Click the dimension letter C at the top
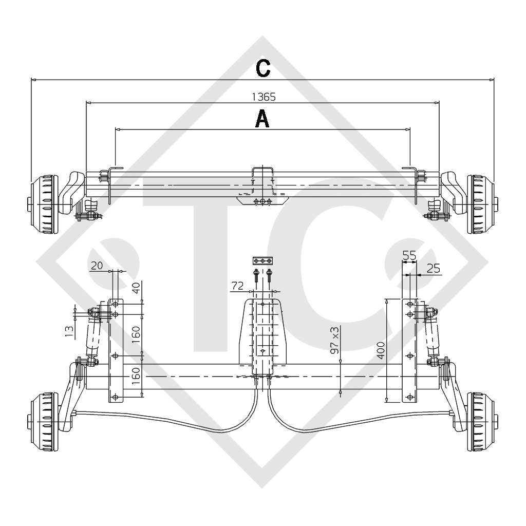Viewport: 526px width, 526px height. coord(263,68)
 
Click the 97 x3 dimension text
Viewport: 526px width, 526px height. coord(335,339)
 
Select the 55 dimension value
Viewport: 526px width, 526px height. coord(409,255)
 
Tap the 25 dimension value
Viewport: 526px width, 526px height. coord(433,268)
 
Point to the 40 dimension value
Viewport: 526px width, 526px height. coord(137,287)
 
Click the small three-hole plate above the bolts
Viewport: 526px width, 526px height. coord(262,261)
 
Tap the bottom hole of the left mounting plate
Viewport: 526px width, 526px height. coord(115,397)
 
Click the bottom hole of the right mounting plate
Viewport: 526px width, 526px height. coord(409,397)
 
